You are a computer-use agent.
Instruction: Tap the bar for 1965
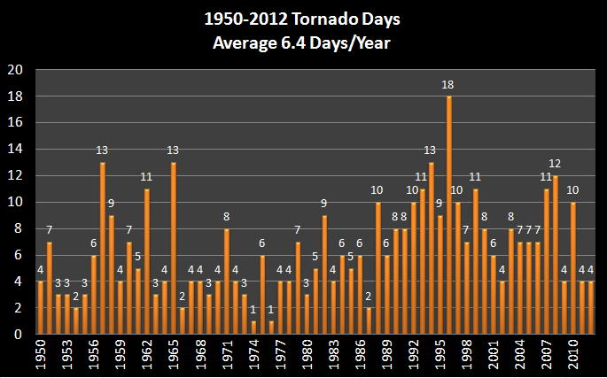pos(174,249)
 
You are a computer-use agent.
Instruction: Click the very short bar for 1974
pos(253,328)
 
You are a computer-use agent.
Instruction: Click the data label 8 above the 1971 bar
pos(227,217)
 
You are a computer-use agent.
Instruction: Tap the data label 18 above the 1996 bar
pos(449,84)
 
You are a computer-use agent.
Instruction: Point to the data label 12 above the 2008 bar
pos(556,164)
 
